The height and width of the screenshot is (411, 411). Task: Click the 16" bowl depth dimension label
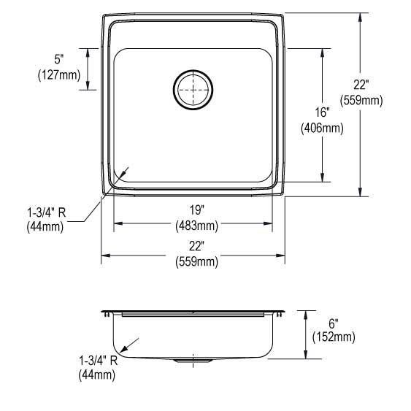point(323,113)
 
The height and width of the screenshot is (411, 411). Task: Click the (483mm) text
point(193,225)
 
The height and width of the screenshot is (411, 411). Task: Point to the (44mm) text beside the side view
point(97,375)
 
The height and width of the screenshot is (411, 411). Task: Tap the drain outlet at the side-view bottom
point(193,361)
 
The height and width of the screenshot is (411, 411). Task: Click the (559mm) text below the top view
point(193,261)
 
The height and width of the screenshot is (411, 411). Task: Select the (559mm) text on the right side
point(362,101)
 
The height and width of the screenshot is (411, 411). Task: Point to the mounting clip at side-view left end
point(108,314)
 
